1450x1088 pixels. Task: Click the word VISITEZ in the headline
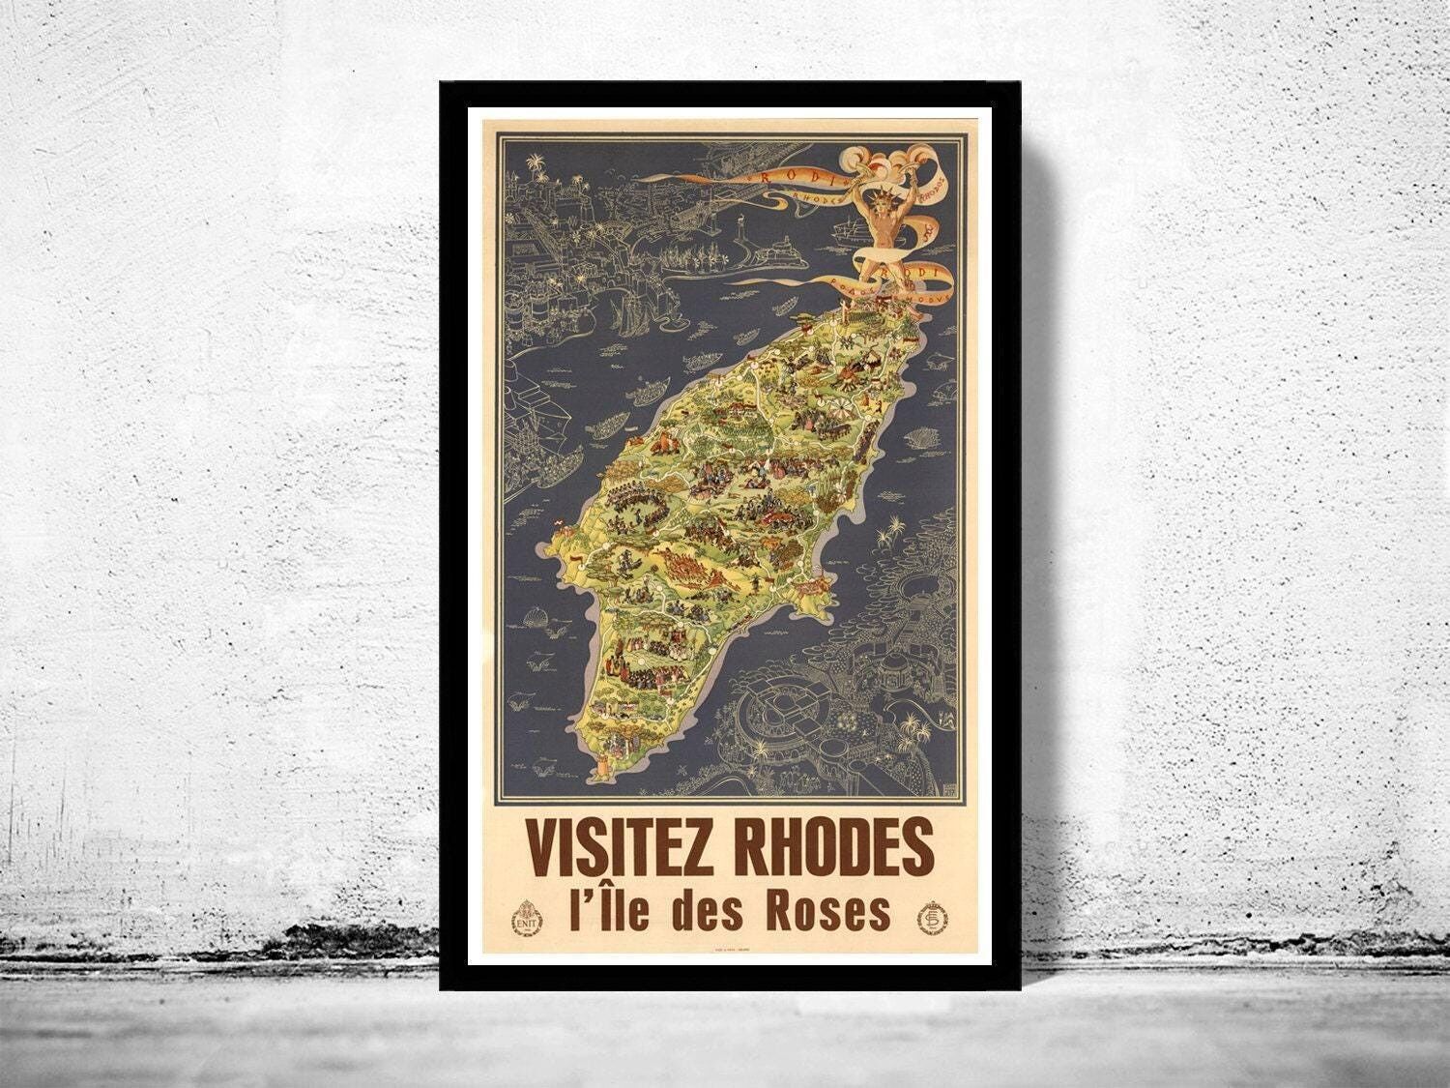coord(625,845)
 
